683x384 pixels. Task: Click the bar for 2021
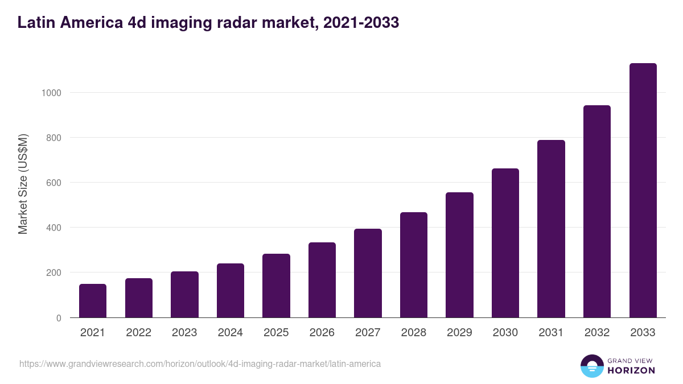pyautogui.click(x=93, y=300)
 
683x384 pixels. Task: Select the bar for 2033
pyautogui.click(x=643, y=191)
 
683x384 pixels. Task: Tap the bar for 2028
pyautogui.click(x=414, y=265)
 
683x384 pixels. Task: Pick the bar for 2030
pyautogui.click(x=505, y=243)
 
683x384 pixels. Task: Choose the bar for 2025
pyautogui.click(x=276, y=286)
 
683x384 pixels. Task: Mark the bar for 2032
pyautogui.click(x=597, y=211)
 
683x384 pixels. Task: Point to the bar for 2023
pyautogui.click(x=184, y=294)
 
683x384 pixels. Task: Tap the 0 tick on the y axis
pyautogui.click(x=59, y=318)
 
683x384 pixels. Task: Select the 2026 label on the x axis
pyautogui.click(x=322, y=333)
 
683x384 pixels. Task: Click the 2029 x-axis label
pyautogui.click(x=459, y=333)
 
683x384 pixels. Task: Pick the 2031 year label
pyautogui.click(x=551, y=333)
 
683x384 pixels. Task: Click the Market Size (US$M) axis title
pyautogui.click(x=23, y=184)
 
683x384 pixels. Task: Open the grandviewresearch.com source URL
pyautogui.click(x=200, y=364)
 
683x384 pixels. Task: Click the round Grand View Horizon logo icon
pyautogui.click(x=592, y=366)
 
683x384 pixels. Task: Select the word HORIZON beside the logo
pyautogui.click(x=631, y=370)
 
